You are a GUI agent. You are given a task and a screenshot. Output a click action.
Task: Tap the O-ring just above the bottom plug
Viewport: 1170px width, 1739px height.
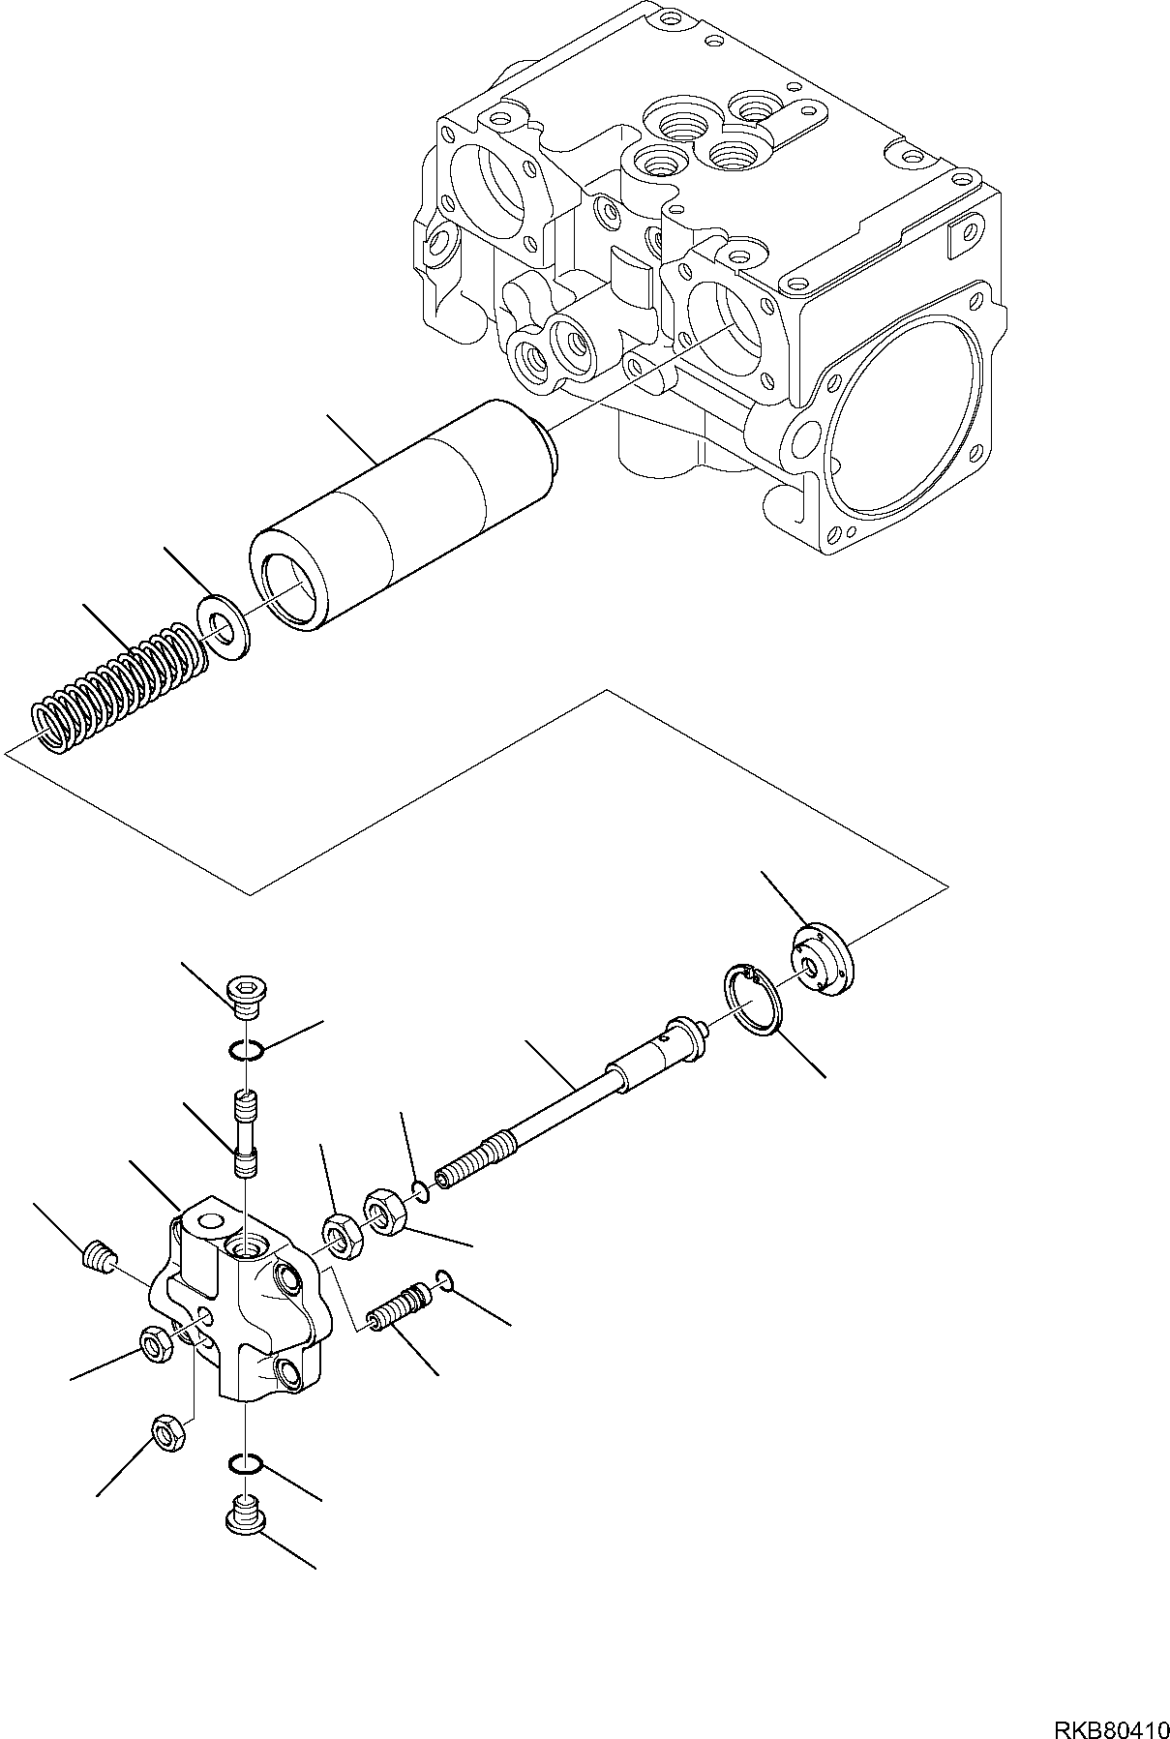point(246,1490)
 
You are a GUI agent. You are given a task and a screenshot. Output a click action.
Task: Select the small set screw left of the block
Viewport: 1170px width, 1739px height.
point(95,1259)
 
